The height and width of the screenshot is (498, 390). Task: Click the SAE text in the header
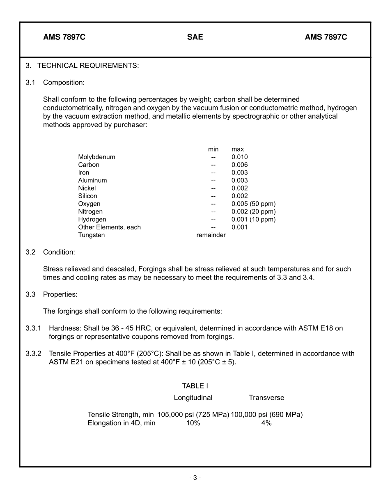click(x=195, y=37)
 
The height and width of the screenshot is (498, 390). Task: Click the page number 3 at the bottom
click(x=195, y=477)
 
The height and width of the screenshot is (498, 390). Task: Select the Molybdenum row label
click(x=96, y=157)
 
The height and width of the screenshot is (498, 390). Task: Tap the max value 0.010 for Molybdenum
click(x=239, y=157)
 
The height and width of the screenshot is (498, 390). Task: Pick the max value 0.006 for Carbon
click(x=239, y=165)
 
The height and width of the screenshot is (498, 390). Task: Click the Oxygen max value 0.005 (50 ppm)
click(x=253, y=204)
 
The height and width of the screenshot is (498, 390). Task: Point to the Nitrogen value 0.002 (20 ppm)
click(x=253, y=211)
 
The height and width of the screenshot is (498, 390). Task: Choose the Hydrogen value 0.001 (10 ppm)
click(x=253, y=219)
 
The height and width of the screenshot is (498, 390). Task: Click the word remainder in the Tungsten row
click(x=211, y=235)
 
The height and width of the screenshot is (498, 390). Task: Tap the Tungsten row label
click(x=91, y=235)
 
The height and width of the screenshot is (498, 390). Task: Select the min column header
click(x=213, y=149)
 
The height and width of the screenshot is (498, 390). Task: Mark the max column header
click(x=237, y=149)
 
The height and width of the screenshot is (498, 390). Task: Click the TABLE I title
click(x=195, y=386)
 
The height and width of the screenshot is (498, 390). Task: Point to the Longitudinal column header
click(x=193, y=397)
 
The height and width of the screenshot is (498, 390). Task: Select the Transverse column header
click(x=266, y=397)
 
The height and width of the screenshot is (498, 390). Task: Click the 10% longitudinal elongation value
click(x=193, y=423)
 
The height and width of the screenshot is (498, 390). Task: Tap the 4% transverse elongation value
click(x=266, y=423)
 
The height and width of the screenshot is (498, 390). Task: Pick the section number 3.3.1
click(x=33, y=328)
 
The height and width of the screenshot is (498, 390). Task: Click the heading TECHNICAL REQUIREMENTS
click(x=88, y=66)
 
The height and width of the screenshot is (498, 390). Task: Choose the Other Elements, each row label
click(x=109, y=227)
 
